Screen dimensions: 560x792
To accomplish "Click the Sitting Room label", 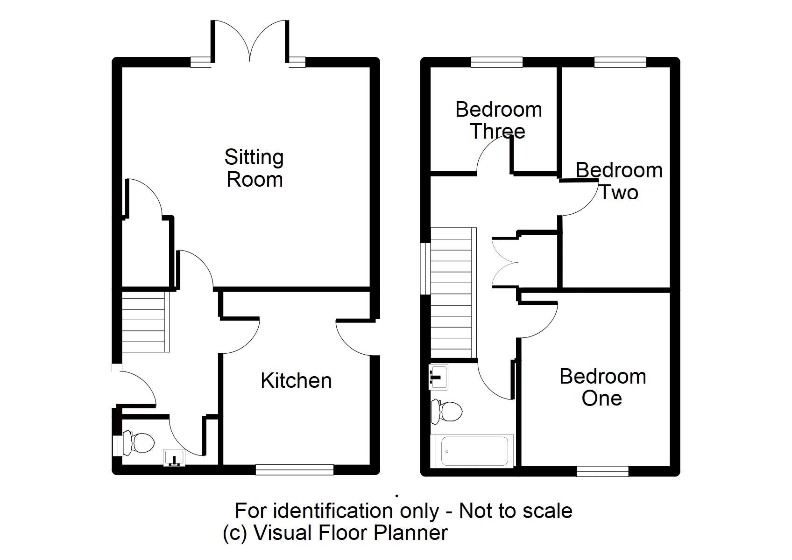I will click(254, 168).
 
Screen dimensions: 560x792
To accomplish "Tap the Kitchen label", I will click(296, 381).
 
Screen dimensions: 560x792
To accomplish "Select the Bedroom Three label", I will click(498, 120).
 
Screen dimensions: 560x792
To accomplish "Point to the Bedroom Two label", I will click(619, 181).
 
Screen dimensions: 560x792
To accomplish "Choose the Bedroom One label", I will click(602, 387).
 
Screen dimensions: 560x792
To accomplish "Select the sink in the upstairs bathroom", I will click(438, 377).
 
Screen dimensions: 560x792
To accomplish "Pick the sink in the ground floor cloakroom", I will click(175, 458).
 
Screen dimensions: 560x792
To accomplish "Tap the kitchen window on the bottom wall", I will click(295, 469).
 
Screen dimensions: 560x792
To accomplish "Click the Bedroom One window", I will click(602, 471).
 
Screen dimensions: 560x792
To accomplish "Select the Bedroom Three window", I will click(496, 62).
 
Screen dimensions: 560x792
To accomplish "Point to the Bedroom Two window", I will click(620, 62).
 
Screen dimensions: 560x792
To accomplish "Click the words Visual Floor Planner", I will click(350, 532).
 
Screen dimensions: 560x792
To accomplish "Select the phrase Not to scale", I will click(516, 511).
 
